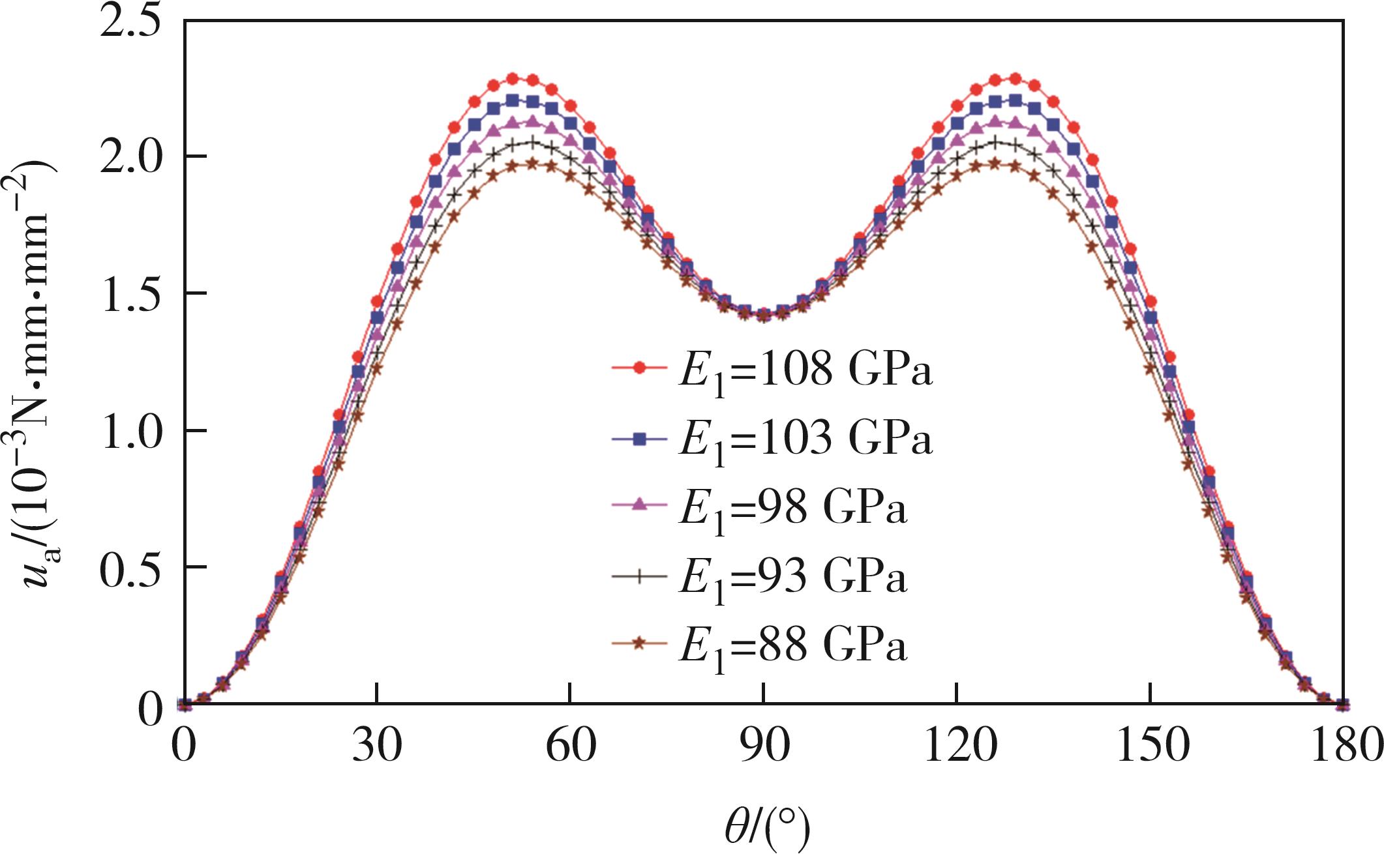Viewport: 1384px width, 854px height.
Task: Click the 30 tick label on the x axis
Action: pyautogui.click(x=377, y=744)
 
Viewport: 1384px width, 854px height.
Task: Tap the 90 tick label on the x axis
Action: pyautogui.click(x=763, y=744)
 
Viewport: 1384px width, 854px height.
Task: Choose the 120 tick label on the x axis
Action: pyautogui.click(x=956, y=744)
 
